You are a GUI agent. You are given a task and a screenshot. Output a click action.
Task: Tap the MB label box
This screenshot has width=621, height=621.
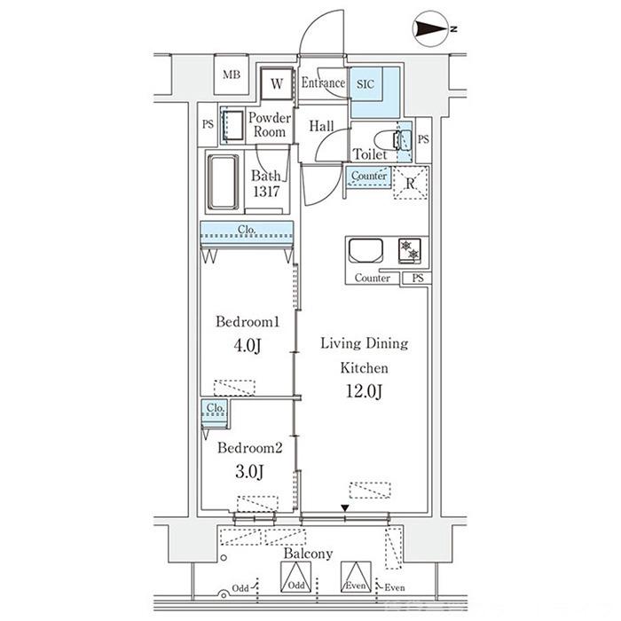[232, 75]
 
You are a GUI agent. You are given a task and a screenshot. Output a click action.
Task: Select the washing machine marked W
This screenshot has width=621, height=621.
[277, 83]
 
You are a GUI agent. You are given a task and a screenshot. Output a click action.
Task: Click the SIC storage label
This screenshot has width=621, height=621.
[366, 84]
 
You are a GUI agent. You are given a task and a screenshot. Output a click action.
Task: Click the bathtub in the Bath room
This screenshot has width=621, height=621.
[223, 182]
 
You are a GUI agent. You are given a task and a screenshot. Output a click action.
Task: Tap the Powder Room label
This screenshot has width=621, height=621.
[270, 125]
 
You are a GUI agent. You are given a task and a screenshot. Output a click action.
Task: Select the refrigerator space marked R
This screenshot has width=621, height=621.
[410, 183]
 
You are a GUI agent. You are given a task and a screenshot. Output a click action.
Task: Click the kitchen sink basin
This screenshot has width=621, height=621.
[366, 251]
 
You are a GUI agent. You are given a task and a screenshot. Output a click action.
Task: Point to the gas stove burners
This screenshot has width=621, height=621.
[410, 251]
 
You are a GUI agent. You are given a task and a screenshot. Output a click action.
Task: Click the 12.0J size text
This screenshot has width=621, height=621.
[364, 391]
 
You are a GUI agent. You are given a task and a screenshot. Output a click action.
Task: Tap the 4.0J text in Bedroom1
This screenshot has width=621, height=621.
[248, 345]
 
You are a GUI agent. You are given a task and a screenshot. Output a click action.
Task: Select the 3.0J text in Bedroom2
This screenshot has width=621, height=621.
[249, 472]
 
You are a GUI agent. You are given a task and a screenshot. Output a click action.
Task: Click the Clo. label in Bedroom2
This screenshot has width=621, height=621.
[216, 407]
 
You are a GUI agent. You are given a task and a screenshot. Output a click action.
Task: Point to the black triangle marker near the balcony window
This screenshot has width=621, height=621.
[345, 508]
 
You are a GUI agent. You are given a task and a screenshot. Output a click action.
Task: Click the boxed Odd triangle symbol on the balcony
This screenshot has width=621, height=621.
[295, 577]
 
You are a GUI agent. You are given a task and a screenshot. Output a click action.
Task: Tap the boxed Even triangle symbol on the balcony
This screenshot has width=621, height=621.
[356, 577]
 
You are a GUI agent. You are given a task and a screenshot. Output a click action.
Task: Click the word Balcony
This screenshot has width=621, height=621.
[308, 554]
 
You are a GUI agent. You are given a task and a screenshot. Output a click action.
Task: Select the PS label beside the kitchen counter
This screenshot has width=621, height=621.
[418, 278]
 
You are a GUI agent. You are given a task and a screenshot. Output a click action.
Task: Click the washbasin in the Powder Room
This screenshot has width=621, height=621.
[232, 125]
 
